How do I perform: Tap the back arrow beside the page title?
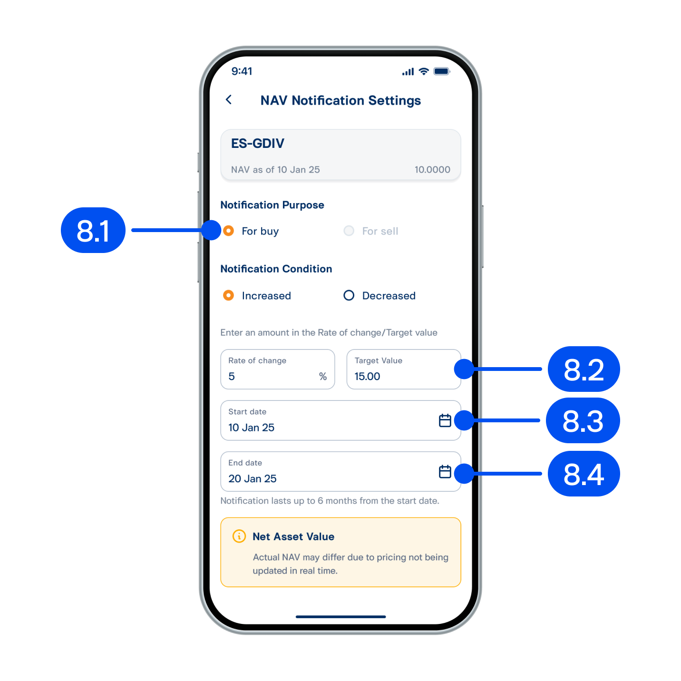229,100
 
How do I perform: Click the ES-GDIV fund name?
257,143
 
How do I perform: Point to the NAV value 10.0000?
432,170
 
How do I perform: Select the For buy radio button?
228,231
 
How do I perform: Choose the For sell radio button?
349,231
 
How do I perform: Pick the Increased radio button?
228,295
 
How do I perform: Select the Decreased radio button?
349,295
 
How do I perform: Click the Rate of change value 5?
232,376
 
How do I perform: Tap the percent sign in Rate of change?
322,376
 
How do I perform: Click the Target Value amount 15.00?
367,376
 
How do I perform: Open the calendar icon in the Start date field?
445,420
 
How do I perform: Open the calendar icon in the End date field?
445,471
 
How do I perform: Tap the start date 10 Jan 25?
251,427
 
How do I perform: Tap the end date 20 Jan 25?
253,478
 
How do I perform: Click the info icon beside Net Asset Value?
239,536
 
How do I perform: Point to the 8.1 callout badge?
93,230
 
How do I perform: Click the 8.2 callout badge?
584,369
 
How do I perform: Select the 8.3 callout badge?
583,420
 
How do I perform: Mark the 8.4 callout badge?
584,474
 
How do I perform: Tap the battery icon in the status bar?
442,71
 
